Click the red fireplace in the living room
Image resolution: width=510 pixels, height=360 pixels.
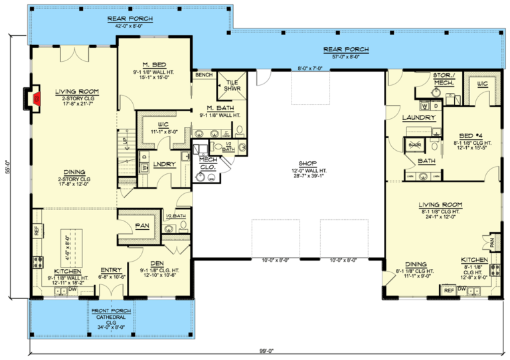37,99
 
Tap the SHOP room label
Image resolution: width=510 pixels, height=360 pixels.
306,163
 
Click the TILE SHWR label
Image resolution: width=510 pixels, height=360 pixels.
232,84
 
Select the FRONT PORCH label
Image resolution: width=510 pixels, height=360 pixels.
111,311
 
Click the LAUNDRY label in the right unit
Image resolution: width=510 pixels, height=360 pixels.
420,118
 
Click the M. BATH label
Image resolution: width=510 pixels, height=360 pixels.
218,108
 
